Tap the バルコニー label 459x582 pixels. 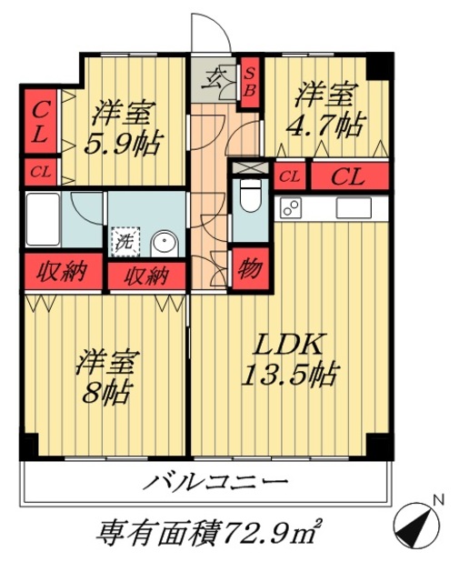point(216,481)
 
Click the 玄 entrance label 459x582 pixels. point(214,78)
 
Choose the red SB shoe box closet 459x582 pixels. point(251,82)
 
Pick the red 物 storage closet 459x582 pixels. point(250,269)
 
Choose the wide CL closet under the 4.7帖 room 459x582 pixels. point(348,176)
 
